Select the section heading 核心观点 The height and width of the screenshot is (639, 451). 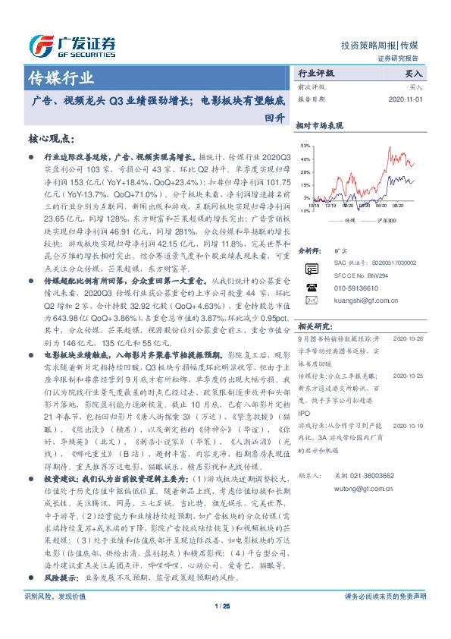point(51,139)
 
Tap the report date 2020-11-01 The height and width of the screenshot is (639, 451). point(406,99)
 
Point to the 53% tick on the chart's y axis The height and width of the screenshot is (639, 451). point(305,145)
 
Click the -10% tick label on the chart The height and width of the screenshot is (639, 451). point(304,210)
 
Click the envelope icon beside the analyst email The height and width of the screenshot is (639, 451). point(308,301)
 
